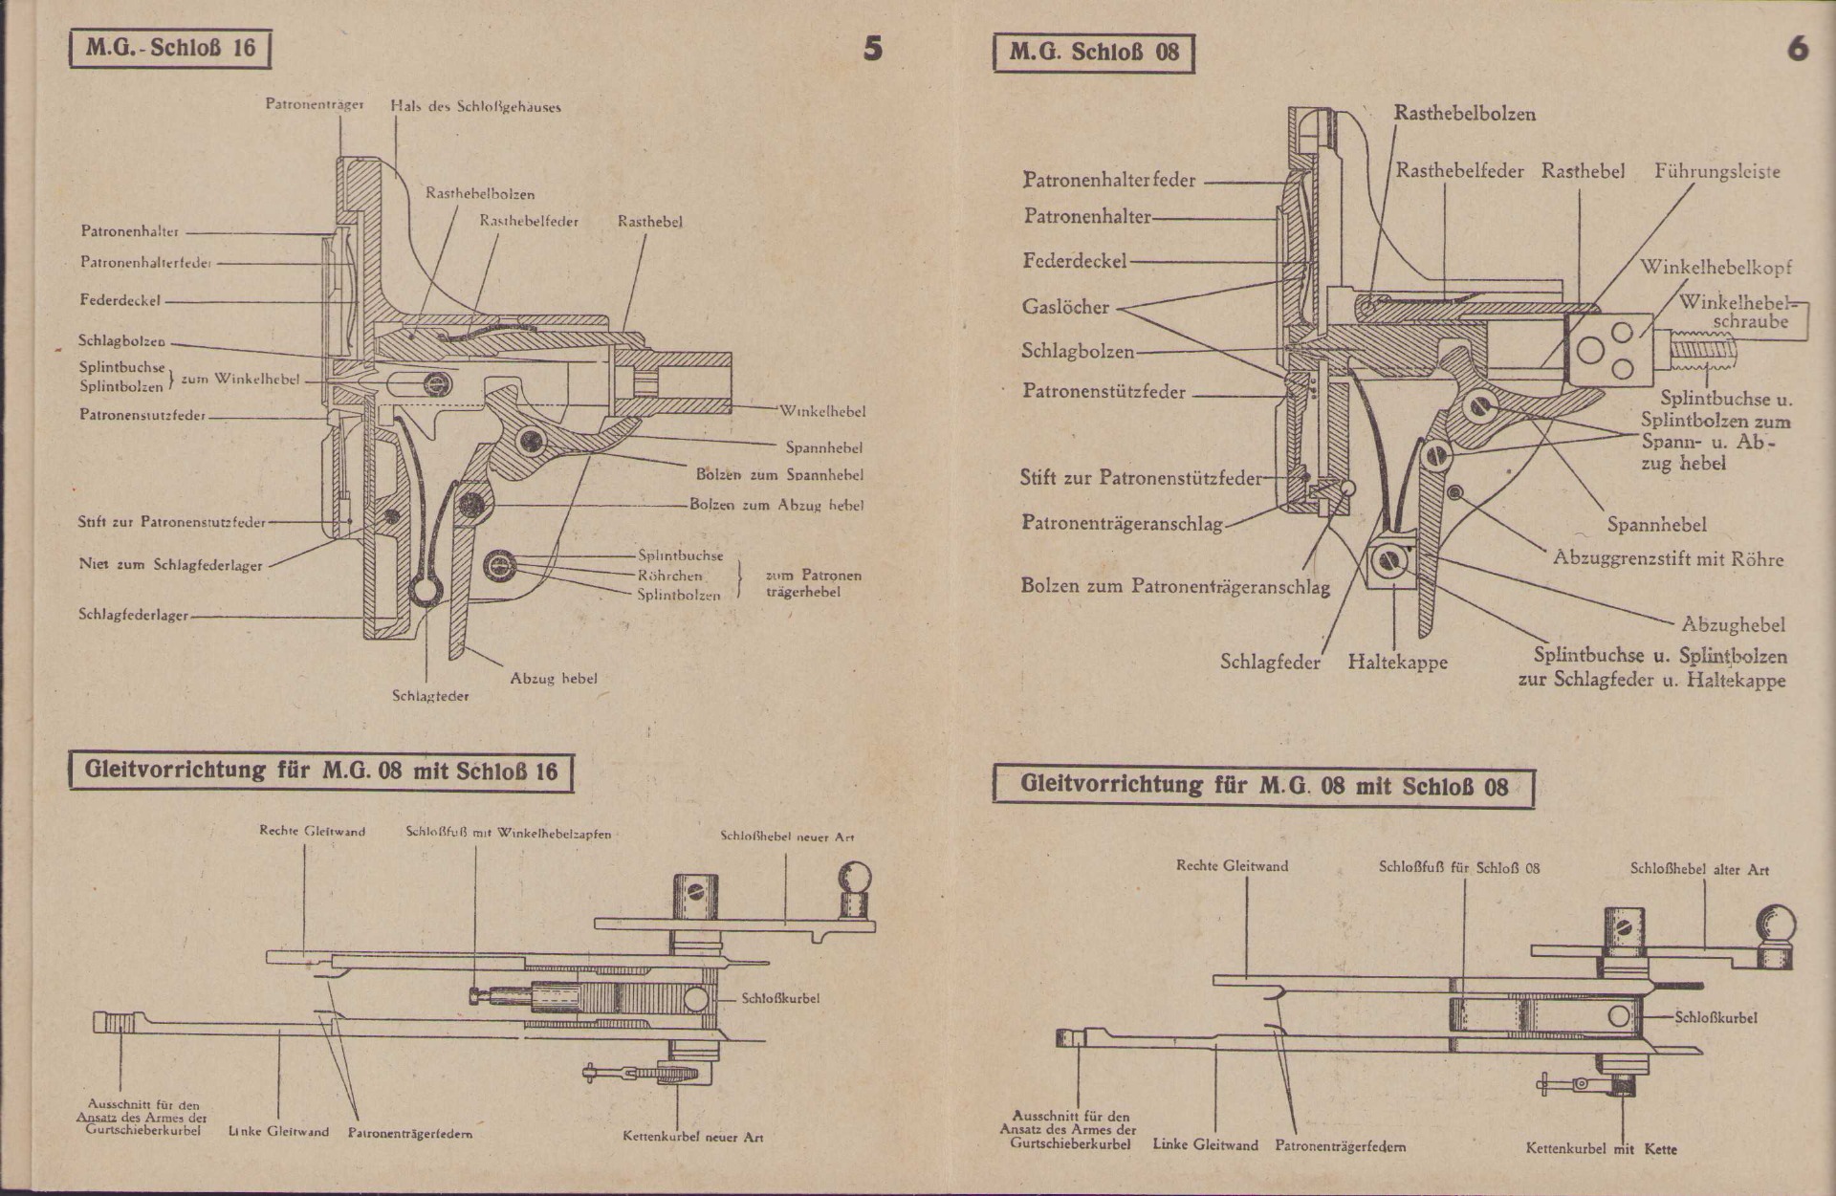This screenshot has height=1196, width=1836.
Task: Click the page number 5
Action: click(872, 49)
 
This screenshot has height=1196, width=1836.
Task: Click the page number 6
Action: click(1798, 49)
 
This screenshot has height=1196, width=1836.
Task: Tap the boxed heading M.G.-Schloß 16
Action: click(170, 49)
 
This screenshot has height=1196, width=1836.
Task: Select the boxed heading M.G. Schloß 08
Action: click(1094, 53)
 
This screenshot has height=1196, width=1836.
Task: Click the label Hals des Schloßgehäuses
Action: click(475, 107)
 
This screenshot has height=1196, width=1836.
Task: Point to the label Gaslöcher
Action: click(1065, 307)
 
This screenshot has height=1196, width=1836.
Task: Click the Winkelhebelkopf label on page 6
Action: click(1716, 268)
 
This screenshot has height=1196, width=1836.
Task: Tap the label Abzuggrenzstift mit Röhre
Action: click(1668, 559)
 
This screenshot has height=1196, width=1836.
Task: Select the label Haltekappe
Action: click(1397, 662)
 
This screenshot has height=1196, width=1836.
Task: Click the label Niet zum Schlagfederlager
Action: click(170, 565)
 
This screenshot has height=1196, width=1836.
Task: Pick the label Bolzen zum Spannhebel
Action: click(779, 475)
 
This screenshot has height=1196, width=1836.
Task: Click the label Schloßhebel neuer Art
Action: click(787, 837)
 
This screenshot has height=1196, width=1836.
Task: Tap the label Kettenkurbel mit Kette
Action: click(1601, 1149)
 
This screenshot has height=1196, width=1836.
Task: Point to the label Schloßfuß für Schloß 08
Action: click(1458, 868)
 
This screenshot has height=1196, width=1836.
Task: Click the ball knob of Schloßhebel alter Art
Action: click(1776, 924)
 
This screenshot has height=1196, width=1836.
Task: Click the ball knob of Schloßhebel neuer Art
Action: click(856, 878)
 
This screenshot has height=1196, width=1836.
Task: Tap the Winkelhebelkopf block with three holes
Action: click(1608, 349)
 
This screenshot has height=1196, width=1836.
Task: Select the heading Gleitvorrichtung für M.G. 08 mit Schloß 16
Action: click(320, 772)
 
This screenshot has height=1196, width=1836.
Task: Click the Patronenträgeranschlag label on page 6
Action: click(1122, 523)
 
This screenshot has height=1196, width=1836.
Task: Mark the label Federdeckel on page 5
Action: click(120, 300)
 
